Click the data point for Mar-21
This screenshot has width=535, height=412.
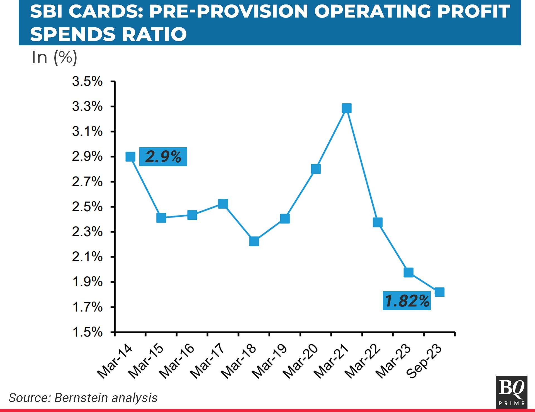click(x=347, y=108)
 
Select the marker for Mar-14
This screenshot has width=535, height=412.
click(x=130, y=157)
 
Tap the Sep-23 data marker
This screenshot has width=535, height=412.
click(x=439, y=292)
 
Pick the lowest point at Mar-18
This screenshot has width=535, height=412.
click(x=254, y=241)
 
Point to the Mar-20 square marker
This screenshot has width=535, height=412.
click(x=316, y=169)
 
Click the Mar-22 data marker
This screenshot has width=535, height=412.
click(x=378, y=222)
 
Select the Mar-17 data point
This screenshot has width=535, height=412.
click(x=223, y=204)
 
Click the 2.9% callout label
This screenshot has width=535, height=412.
click(x=163, y=157)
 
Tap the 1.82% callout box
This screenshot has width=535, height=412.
click(x=407, y=301)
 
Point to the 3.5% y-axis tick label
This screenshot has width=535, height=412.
click(x=87, y=82)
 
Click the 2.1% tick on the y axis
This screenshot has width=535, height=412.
click(x=87, y=257)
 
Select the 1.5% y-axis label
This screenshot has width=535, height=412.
click(x=87, y=332)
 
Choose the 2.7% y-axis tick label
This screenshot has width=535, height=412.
click(x=87, y=182)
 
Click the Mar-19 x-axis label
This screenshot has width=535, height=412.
click(x=269, y=361)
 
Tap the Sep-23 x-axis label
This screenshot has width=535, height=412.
click(x=424, y=361)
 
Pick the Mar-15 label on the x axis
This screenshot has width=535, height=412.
click(x=146, y=361)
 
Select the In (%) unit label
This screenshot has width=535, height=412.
click(x=54, y=57)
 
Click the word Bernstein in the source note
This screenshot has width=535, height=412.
click(x=81, y=398)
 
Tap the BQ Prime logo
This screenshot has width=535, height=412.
click(x=511, y=392)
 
